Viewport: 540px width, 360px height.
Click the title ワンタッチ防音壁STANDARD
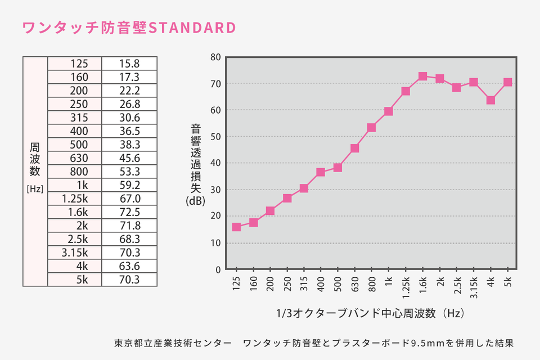[x=128, y=28]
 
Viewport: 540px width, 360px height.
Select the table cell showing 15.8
[x=129, y=64]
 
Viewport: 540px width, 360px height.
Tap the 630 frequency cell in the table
[x=75, y=158]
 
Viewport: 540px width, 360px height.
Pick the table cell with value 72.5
[x=129, y=212]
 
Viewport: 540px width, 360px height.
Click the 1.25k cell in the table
[x=75, y=199]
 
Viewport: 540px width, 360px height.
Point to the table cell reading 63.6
[x=129, y=266]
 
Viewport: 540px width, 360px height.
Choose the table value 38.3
[x=129, y=145]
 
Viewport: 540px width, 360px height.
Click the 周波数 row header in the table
[x=35, y=159]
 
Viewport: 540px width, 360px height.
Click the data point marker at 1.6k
[x=422, y=76]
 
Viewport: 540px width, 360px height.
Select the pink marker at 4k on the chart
[x=490, y=100]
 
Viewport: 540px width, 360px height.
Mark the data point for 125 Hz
[x=236, y=227]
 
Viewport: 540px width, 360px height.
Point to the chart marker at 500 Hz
[x=337, y=168]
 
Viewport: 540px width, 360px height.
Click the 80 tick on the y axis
[x=215, y=57]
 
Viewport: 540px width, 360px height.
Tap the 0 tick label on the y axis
[x=218, y=269]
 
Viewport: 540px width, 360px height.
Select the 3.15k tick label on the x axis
[x=474, y=287]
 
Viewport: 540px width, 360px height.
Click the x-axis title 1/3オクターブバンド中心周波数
[x=356, y=313]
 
